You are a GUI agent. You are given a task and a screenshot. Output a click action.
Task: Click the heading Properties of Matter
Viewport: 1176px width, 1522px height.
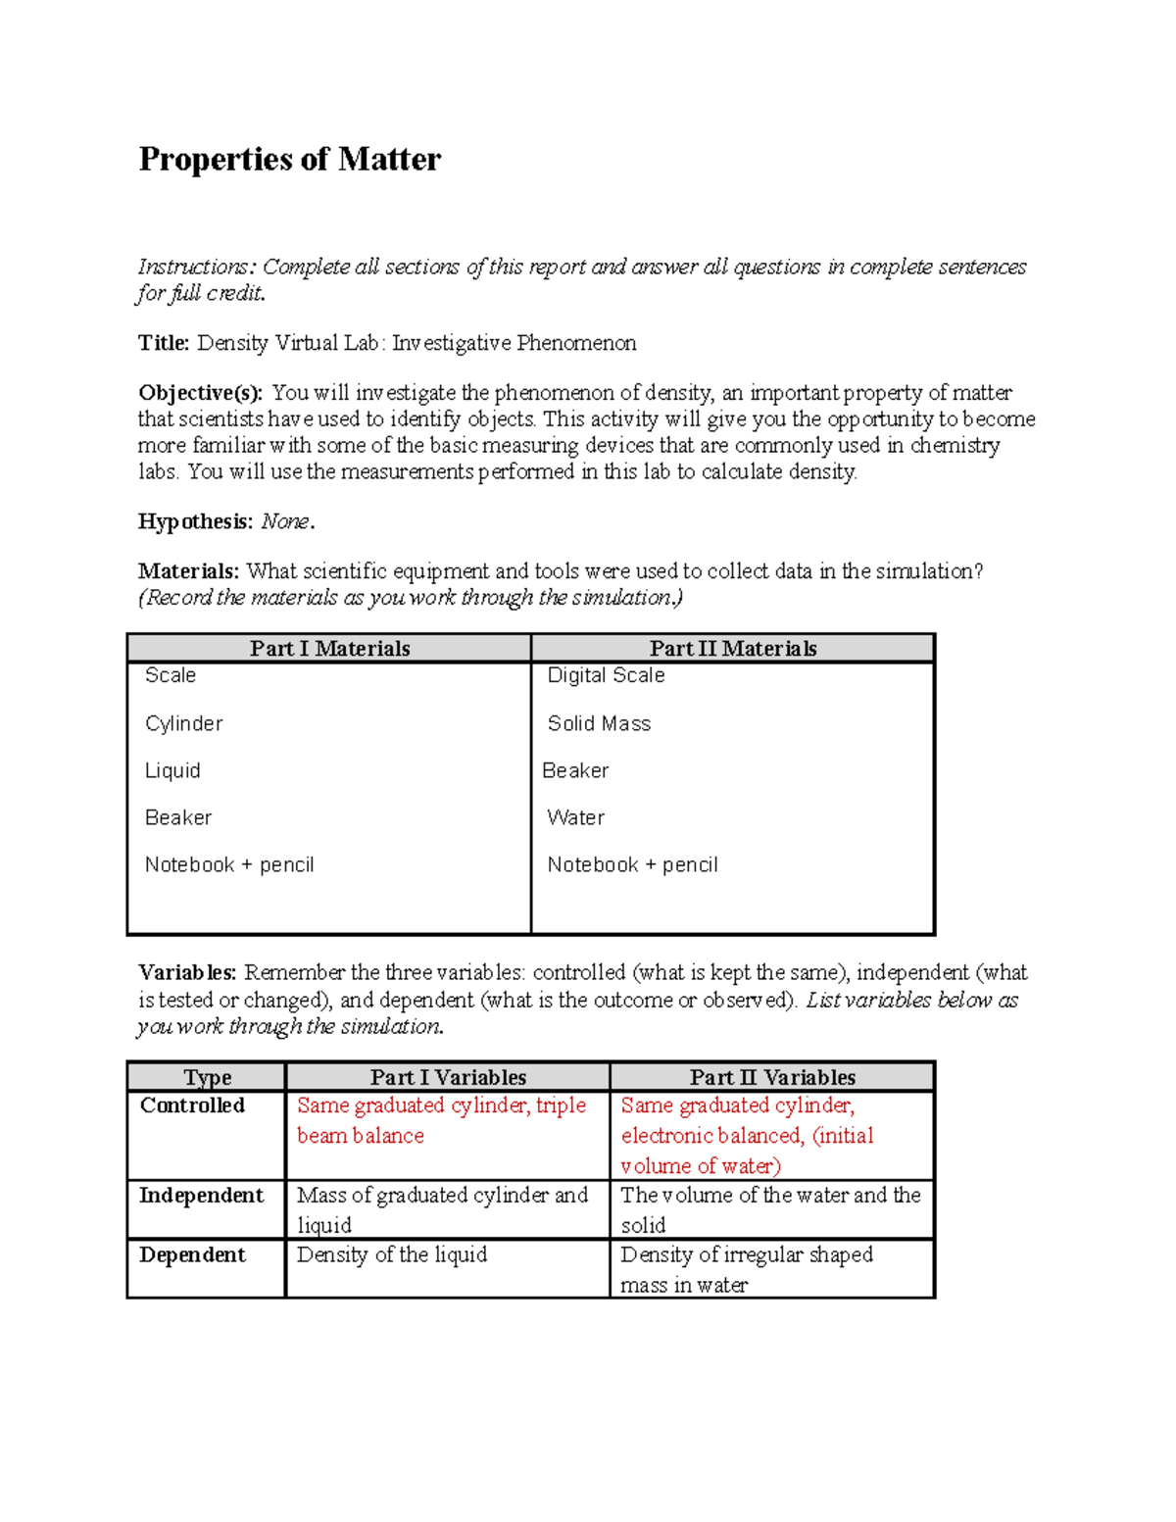[x=289, y=159]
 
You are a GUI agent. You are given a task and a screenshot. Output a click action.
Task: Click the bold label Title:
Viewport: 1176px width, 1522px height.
[x=164, y=343]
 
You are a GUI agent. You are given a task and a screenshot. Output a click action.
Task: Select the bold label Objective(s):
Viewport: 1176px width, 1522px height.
[x=200, y=393]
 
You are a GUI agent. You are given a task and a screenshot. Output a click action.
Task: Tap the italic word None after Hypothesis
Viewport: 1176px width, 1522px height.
[x=285, y=521]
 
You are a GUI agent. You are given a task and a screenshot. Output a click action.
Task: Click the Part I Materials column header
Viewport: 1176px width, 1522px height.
[x=329, y=648]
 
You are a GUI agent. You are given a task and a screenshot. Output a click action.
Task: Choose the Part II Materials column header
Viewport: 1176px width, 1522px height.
[x=732, y=648]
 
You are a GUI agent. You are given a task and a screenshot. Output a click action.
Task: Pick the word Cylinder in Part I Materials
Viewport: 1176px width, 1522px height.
[x=183, y=723]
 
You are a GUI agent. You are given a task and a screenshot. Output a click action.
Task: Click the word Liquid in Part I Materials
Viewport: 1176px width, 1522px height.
[x=172, y=770]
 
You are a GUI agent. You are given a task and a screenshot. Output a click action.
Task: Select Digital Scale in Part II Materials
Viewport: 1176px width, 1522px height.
[x=606, y=675]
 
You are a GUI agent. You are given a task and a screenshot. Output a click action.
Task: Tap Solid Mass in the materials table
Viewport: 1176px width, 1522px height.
[x=599, y=723]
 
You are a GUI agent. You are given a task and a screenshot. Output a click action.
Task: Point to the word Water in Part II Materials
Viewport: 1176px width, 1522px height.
[x=575, y=817]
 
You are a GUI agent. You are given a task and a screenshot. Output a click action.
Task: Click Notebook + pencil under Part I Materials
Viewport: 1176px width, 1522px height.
[x=229, y=864]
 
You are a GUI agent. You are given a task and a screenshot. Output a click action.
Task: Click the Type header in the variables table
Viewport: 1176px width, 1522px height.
[x=207, y=1077]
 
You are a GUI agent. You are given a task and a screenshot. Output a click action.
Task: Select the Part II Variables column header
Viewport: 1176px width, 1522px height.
[x=771, y=1077]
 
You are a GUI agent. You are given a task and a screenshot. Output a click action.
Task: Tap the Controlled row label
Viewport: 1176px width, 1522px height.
[x=192, y=1105]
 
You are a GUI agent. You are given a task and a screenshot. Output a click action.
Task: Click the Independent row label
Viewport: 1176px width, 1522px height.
[x=201, y=1196]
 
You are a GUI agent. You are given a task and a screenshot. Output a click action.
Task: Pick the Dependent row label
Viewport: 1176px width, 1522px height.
[x=192, y=1255]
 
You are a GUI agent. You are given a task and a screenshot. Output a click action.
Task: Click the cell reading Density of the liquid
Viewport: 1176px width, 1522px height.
[x=391, y=1255]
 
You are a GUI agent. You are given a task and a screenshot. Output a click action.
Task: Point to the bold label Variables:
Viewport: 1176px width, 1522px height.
[x=187, y=973]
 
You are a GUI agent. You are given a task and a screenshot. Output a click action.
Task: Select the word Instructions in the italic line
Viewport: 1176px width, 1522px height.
[x=193, y=267]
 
